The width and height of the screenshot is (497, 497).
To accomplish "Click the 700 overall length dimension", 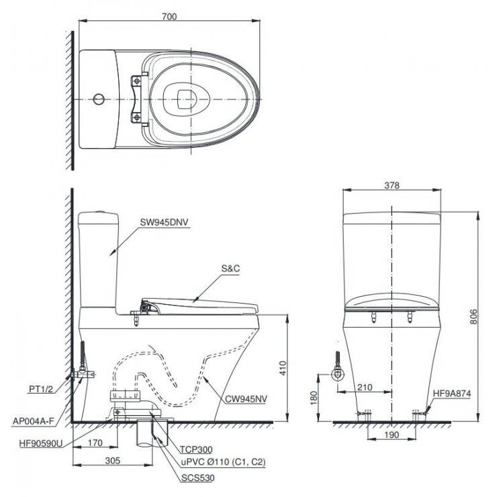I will tap(169, 17).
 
